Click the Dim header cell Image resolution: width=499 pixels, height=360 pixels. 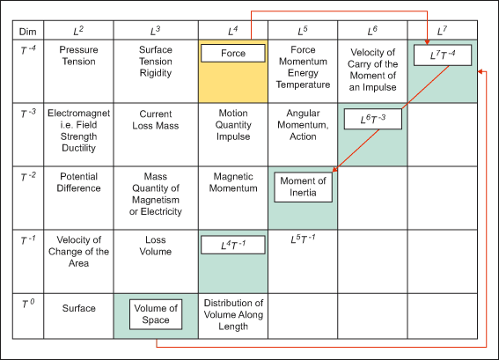click(28, 31)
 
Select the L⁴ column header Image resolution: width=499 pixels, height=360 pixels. click(233, 31)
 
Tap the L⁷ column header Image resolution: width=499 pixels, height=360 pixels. click(443, 31)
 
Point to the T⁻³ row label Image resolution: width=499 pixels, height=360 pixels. click(28, 114)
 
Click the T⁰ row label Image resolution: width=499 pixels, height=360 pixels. click(28, 304)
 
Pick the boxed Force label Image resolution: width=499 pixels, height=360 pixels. click(233, 53)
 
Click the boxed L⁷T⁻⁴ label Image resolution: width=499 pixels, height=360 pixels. click(443, 55)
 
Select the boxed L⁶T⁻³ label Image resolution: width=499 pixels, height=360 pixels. click(373, 119)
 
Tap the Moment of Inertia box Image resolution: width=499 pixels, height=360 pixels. click(303, 187)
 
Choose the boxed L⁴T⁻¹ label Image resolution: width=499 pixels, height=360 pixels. click(233, 245)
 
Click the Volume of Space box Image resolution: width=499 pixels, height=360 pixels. click(156, 314)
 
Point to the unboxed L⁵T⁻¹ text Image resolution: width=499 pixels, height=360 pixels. click(303, 239)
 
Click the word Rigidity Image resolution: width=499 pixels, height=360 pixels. click(156, 73)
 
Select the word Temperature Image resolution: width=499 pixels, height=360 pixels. click(303, 84)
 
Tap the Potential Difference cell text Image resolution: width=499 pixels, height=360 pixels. click(78, 182)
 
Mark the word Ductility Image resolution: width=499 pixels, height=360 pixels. click(78, 148)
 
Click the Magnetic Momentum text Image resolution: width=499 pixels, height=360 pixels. click(233, 182)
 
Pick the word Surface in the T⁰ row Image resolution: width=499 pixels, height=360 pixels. click(78, 308)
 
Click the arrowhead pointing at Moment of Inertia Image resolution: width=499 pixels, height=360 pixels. click(335, 169)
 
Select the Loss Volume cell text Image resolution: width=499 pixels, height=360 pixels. click(156, 246)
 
